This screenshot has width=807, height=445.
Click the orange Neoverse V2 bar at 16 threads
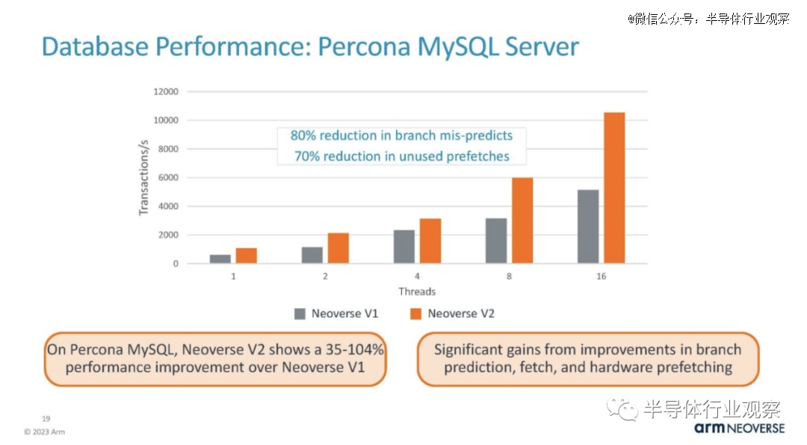pos(614,188)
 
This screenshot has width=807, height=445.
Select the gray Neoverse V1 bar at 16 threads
pos(588,227)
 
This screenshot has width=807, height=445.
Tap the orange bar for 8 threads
pos(522,221)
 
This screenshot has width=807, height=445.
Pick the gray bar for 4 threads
pos(404,247)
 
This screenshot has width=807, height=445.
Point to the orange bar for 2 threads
pos(338,248)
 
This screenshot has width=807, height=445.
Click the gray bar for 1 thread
pos(220,259)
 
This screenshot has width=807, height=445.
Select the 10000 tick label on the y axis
pos(166,120)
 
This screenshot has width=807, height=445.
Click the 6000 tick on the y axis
pos(168,177)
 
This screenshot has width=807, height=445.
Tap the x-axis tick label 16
pos(601,276)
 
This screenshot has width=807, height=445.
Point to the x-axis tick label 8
pos(509,276)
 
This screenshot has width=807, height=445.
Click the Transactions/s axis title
pos(143,178)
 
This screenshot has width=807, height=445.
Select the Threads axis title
pos(417,292)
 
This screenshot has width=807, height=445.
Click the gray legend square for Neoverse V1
pos(300,313)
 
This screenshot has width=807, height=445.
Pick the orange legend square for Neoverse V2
pos(415,313)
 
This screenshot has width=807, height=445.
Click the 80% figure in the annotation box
pos(303,135)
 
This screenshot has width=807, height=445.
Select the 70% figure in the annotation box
pos(307,156)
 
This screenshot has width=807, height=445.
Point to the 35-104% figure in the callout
pos(355,349)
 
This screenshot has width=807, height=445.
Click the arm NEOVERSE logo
pos(739,428)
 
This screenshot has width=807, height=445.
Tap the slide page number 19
pos(46,419)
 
